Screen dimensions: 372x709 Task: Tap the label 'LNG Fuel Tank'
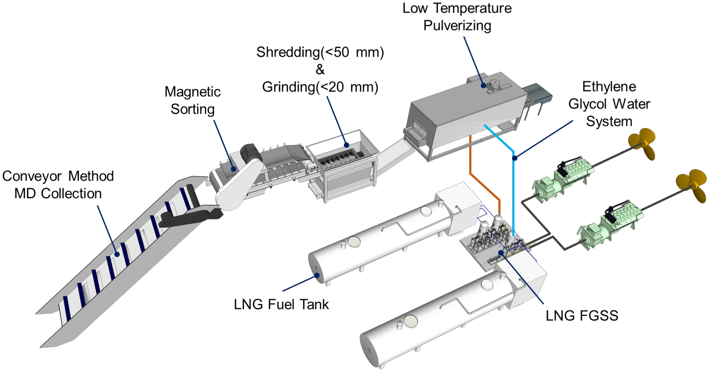281,304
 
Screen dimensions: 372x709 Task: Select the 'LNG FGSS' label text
581,315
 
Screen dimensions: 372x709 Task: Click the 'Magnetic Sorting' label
192,100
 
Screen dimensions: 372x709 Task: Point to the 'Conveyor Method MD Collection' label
58,184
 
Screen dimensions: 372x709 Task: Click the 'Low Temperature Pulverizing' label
457,17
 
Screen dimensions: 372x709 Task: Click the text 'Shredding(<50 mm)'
320,52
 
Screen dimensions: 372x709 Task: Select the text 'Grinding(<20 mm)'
320,87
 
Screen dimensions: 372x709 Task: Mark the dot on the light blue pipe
514,158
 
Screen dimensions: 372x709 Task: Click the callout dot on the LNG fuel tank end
317,275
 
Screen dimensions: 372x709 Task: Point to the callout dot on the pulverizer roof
483,85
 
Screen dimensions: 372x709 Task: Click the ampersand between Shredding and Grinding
320,70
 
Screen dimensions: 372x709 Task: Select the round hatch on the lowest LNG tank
411,321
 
